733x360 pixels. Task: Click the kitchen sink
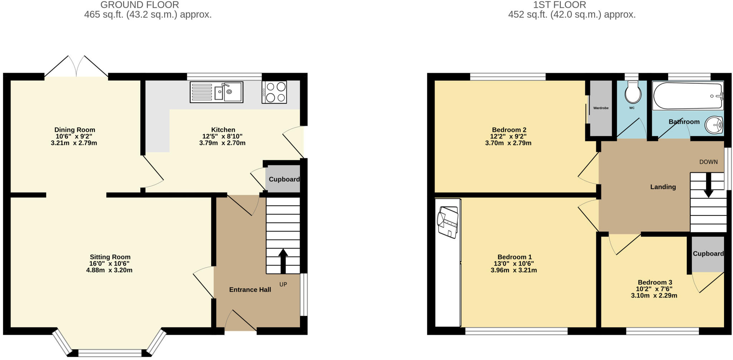[217, 92]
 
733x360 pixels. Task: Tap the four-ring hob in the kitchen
[274, 92]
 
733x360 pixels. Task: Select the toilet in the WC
[633, 93]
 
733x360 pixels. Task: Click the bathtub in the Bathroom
[688, 96]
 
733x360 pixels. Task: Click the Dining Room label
[75, 130]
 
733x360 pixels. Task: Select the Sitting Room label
[110, 257]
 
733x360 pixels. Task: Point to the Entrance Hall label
[250, 290]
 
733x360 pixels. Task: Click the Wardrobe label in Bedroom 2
[601, 108]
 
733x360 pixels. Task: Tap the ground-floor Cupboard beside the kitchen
[284, 179]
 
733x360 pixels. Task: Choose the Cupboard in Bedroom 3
[708, 254]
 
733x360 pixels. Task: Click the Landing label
[663, 187]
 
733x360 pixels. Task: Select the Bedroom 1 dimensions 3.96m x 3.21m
[514, 270]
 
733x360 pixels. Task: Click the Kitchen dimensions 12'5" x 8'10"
[222, 136]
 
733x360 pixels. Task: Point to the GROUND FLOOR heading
[140, 5]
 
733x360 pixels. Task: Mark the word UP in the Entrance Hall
[283, 284]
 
